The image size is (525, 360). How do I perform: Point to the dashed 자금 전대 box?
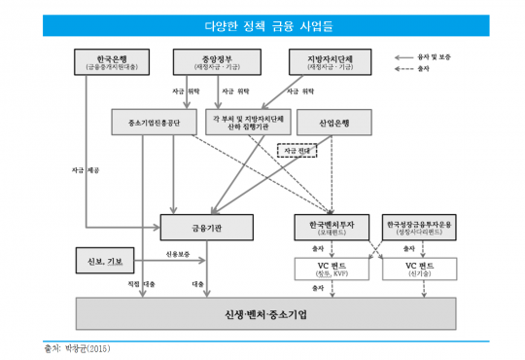point(297,151)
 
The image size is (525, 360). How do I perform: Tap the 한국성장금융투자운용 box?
point(418,227)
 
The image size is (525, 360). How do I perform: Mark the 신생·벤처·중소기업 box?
point(264,314)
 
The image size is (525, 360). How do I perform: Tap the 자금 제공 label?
point(86,169)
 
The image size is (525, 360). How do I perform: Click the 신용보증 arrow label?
point(166,255)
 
